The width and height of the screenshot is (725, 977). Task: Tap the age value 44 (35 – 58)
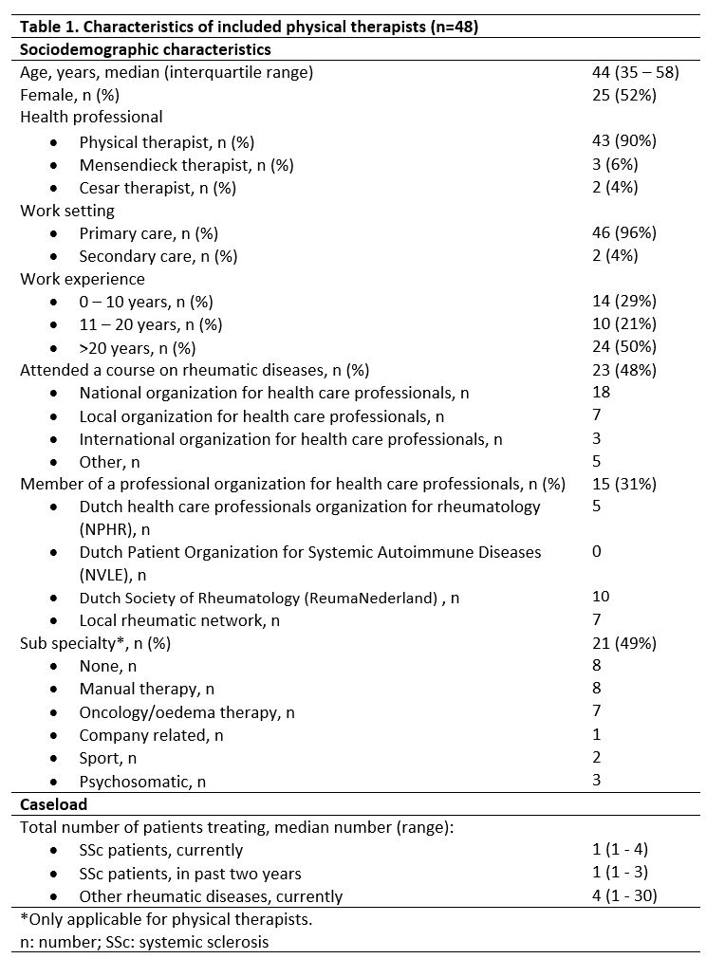click(x=635, y=72)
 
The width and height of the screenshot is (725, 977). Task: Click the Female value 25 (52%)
click(x=623, y=95)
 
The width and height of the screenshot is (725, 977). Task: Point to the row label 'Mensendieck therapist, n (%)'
click(x=186, y=165)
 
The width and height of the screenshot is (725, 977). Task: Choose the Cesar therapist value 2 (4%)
click(x=615, y=187)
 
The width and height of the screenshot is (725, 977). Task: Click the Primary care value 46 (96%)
click(x=623, y=232)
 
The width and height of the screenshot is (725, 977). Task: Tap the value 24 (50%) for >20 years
click(x=623, y=347)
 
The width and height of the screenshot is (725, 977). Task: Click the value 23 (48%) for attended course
click(x=623, y=370)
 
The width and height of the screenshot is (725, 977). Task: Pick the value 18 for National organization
click(x=601, y=392)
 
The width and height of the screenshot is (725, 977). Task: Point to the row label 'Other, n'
click(x=109, y=462)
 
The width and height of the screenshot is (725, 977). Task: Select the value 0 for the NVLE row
click(x=596, y=551)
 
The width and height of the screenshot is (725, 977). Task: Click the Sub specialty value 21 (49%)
click(x=623, y=643)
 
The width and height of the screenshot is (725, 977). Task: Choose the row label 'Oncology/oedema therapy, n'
click(x=187, y=711)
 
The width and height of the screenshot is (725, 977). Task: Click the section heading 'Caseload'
click(x=53, y=804)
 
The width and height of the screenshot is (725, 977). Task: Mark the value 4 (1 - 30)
click(x=624, y=895)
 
